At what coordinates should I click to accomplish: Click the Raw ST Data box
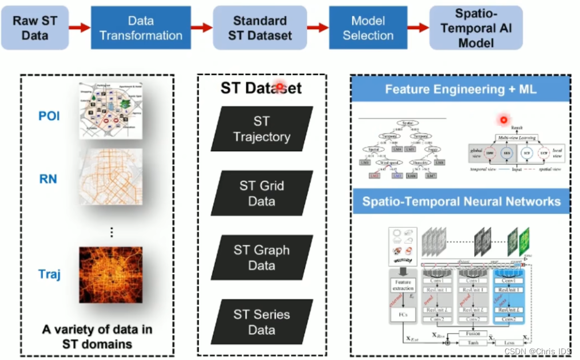(35, 27)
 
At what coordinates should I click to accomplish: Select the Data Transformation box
(141, 27)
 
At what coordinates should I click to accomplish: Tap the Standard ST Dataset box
(260, 27)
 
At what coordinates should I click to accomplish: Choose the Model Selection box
(368, 27)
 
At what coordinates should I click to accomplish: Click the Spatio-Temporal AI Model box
(476, 27)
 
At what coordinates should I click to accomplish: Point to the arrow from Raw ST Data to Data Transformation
(80, 27)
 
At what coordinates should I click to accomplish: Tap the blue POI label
(49, 116)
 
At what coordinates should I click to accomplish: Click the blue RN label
(48, 179)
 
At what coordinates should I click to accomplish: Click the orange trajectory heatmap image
(110, 274)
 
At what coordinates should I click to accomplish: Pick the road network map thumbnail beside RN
(110, 179)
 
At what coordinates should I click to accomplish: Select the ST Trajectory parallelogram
(261, 129)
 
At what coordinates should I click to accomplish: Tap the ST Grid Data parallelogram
(261, 193)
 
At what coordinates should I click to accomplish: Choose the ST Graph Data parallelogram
(261, 258)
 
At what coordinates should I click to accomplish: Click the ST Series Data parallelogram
(261, 322)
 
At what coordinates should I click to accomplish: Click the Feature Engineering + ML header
(460, 90)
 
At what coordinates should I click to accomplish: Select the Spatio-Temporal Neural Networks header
(460, 202)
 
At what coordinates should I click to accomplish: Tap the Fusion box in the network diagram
(473, 333)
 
